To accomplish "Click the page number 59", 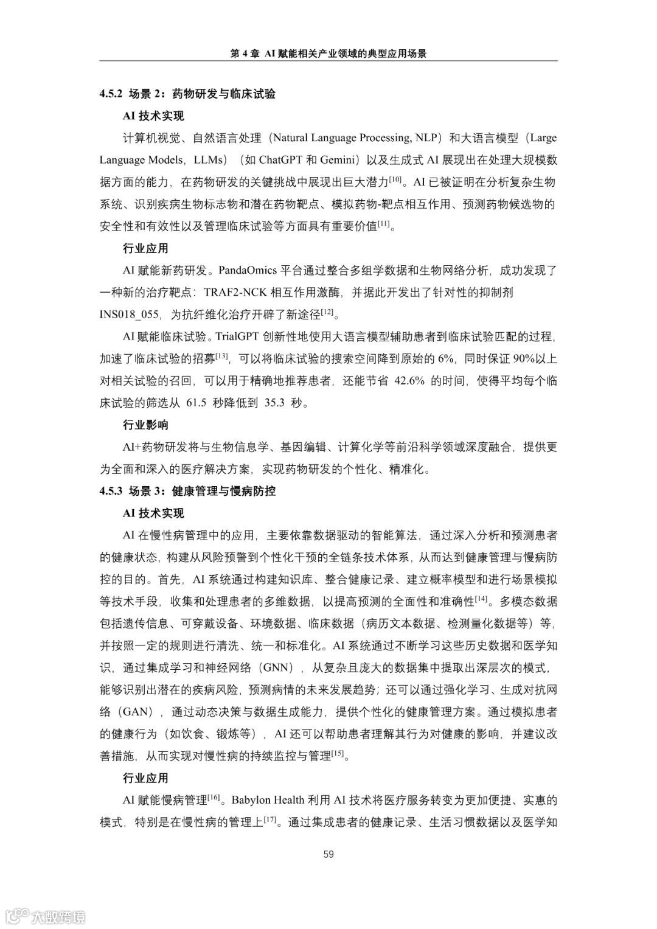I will point(328,854).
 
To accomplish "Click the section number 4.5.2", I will point(112,94).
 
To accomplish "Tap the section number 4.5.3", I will point(112,490).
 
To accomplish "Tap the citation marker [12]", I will point(327,311).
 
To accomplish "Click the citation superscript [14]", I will point(482,599).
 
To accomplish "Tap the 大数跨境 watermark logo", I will point(46,916).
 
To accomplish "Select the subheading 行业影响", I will point(145,425).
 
